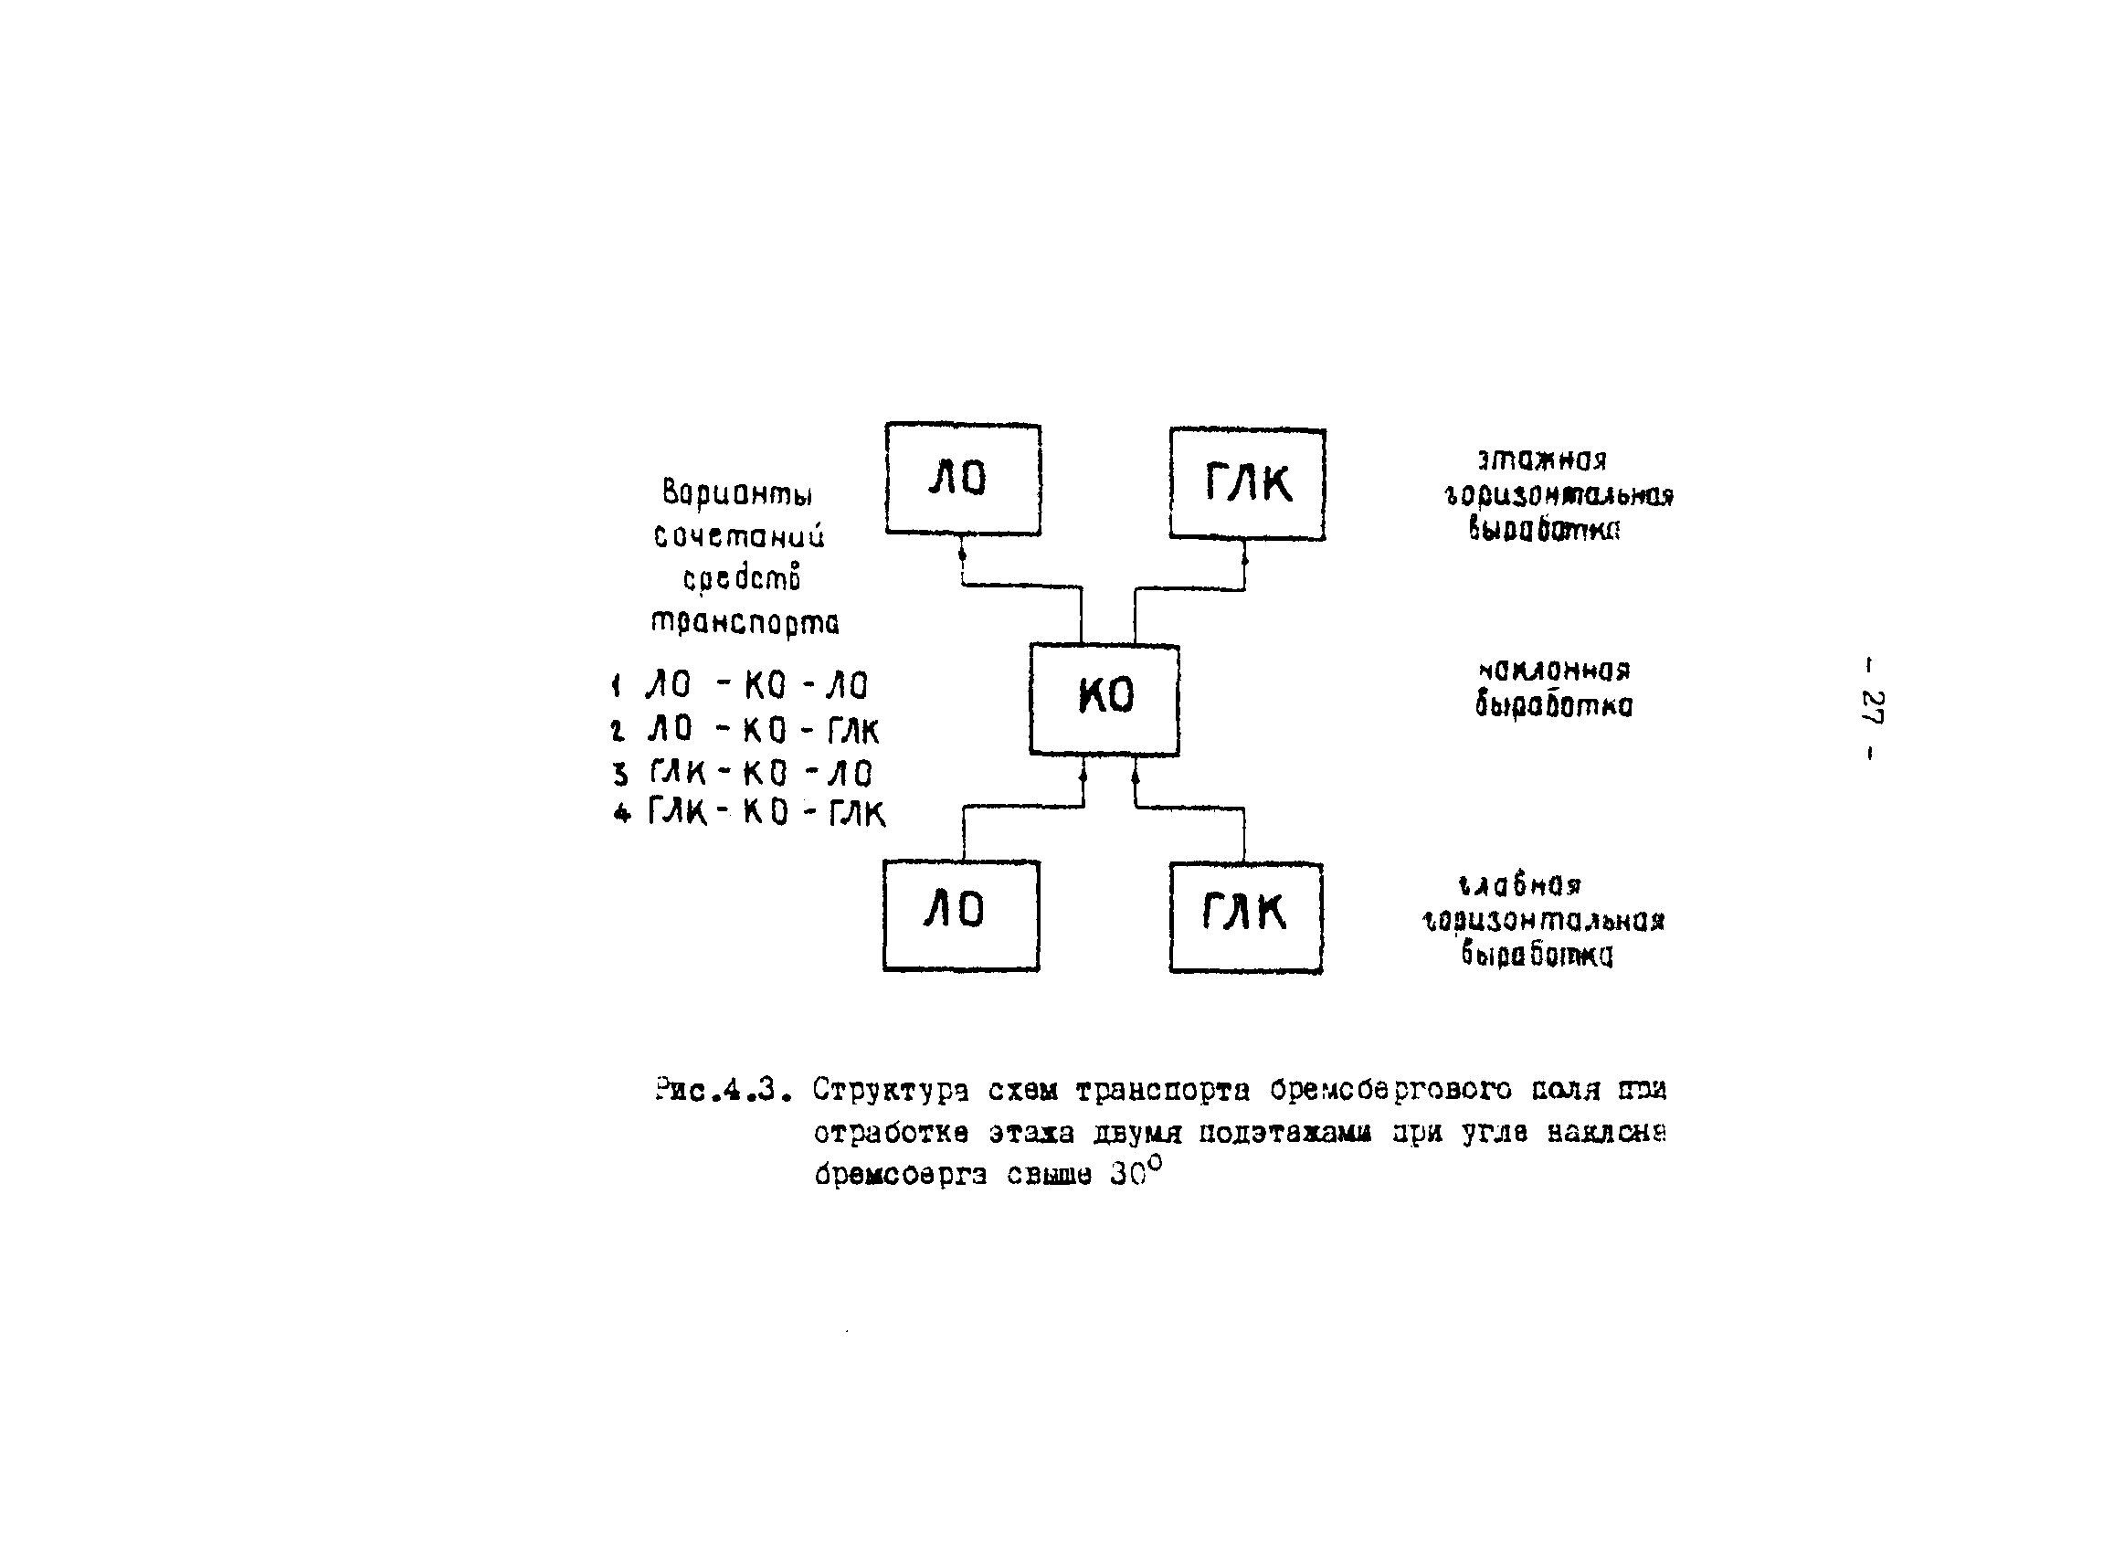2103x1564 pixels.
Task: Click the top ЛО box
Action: coord(962,479)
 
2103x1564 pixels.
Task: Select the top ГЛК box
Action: coord(1246,484)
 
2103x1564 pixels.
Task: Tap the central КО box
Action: coord(1104,699)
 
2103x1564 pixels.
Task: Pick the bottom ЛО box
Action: coord(960,914)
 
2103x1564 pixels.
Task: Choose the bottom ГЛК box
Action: coord(1245,916)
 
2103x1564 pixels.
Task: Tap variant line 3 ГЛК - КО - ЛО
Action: coord(745,773)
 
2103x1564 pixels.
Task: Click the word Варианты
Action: coord(737,493)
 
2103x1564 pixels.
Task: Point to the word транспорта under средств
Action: coord(745,623)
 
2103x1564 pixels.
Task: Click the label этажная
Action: coord(1542,460)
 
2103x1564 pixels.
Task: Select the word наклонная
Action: coord(1554,671)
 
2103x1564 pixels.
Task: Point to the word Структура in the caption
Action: coord(890,1091)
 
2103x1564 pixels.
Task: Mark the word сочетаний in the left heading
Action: coord(739,536)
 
